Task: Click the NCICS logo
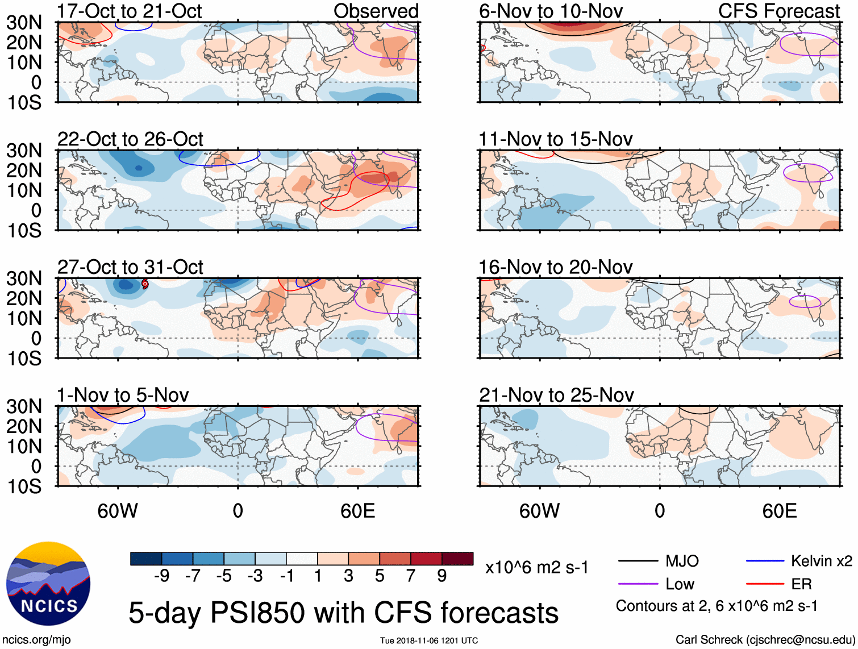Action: click(48, 584)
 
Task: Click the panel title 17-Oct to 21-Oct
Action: click(130, 11)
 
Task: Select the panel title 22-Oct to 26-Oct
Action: click(130, 139)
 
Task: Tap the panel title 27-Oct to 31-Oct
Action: click(130, 267)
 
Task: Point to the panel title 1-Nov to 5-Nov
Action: click(123, 395)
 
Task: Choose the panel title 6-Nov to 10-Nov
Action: click(551, 11)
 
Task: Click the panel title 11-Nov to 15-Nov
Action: click(555, 139)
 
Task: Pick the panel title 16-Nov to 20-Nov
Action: click(555, 267)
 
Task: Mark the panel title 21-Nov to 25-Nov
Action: click(556, 395)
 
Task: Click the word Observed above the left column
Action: click(376, 11)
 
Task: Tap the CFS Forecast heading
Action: click(779, 11)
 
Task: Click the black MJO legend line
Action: click(638, 561)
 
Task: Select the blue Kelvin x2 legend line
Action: click(765, 561)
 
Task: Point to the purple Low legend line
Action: click(638, 584)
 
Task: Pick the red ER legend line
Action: click(765, 584)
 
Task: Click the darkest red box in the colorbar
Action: click(457, 559)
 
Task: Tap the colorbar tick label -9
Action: click(161, 576)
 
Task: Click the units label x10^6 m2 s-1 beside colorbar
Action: click(536, 567)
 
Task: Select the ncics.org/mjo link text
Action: click(36, 640)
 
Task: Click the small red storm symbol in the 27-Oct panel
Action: click(145, 284)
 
